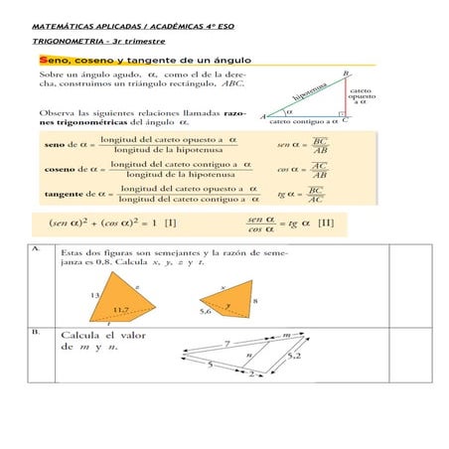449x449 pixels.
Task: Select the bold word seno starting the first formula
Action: click(56, 145)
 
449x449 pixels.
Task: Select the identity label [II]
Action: click(325, 222)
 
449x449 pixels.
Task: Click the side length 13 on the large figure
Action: click(95, 296)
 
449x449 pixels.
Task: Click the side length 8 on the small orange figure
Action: click(256, 299)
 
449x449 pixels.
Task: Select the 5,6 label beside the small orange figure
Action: click(207, 311)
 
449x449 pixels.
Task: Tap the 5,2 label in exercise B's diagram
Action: click(294, 355)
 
